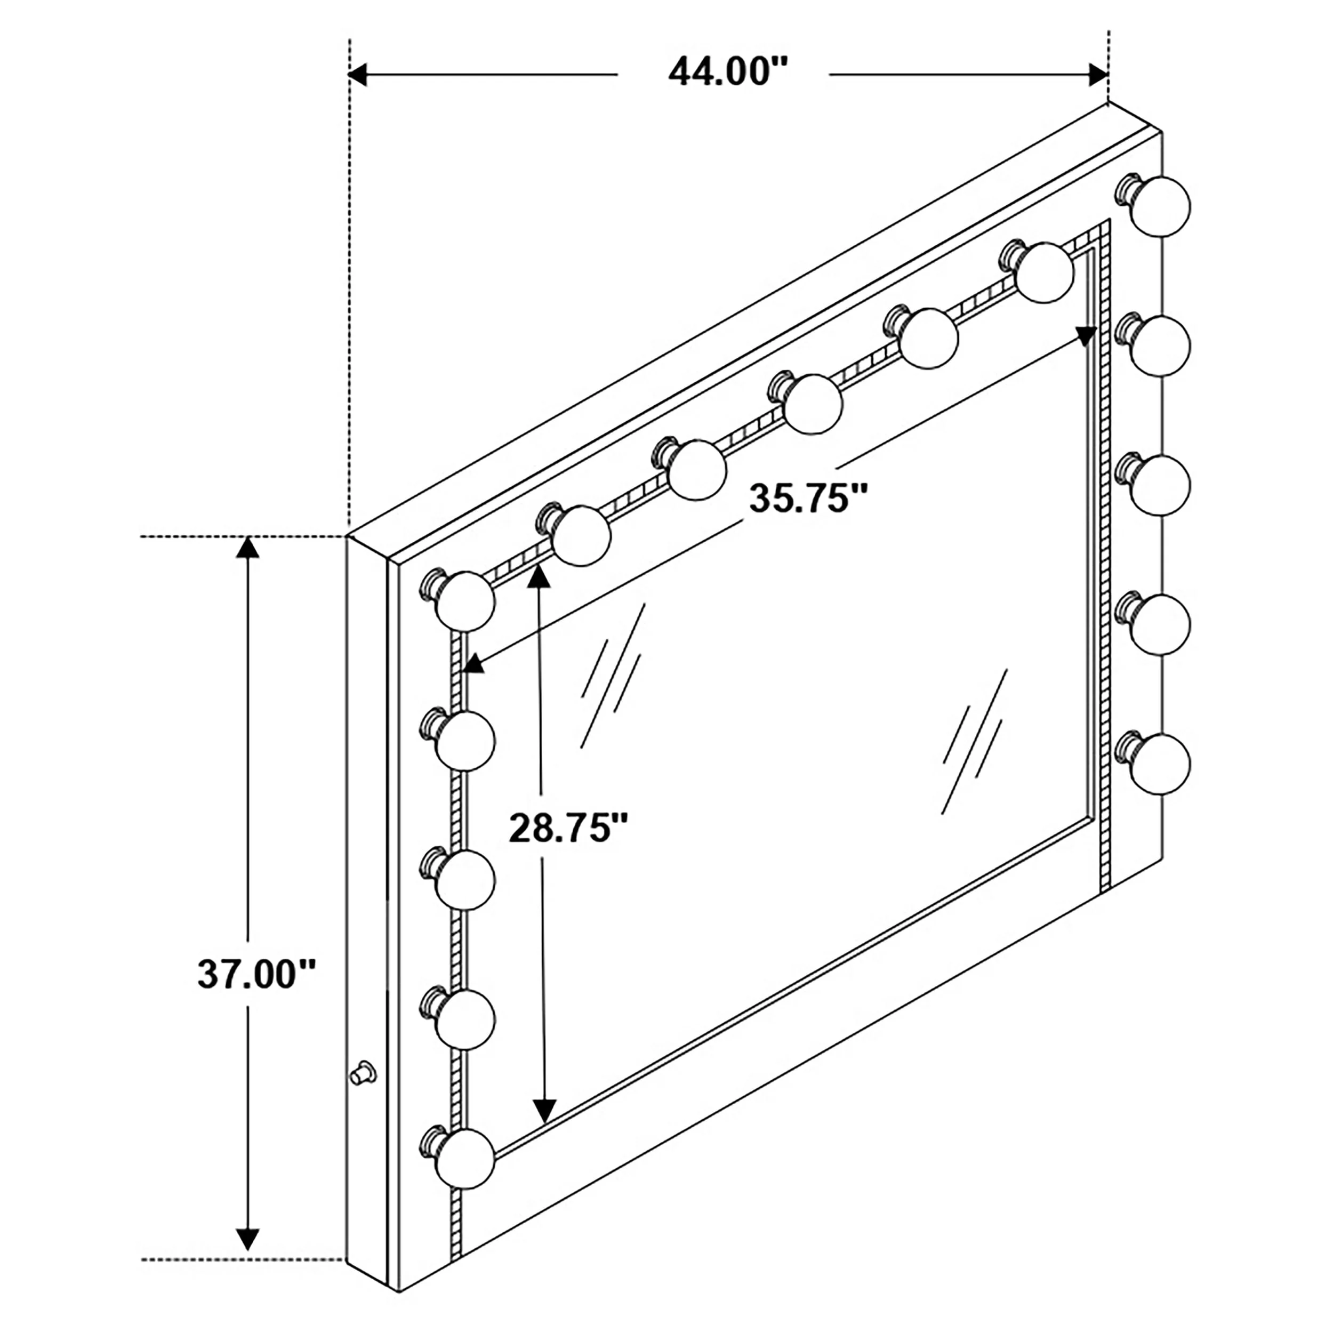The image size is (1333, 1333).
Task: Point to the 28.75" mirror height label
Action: click(x=568, y=828)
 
